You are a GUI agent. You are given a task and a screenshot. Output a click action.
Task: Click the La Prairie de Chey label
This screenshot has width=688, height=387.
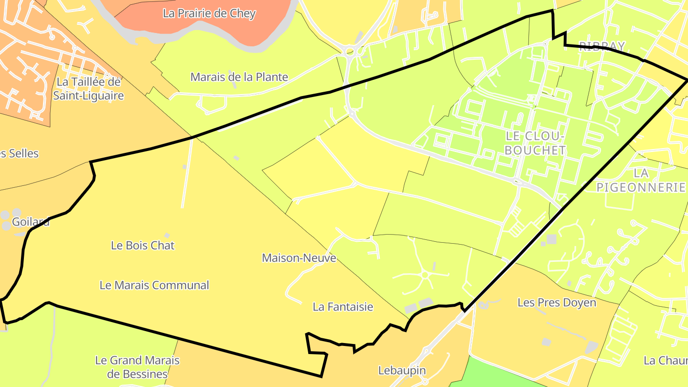pos(209,13)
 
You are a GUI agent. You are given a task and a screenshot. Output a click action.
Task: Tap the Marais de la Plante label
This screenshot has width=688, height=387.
pos(239,76)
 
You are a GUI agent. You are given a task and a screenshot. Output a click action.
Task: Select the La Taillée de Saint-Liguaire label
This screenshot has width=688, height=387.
pos(88,88)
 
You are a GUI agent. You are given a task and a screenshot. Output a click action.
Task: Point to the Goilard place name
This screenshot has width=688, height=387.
pos(31,222)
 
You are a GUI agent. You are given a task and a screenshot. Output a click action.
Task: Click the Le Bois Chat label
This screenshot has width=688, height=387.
pos(143,246)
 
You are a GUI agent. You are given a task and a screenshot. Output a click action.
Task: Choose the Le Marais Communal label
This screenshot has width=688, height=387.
pos(154,285)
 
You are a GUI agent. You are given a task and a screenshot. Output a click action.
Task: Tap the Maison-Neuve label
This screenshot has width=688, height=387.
pos(299,258)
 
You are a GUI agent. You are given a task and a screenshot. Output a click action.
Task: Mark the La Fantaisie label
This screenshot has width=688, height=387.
pos(343,307)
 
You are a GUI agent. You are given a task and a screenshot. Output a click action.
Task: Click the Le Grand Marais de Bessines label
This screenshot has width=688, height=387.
pos(137,367)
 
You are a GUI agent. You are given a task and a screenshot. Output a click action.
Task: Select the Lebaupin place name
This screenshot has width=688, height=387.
pos(402,370)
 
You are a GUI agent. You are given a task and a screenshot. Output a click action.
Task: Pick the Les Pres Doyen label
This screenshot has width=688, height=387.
pos(557,302)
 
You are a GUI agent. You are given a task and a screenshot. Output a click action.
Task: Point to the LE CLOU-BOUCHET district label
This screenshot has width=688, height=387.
pos(535,143)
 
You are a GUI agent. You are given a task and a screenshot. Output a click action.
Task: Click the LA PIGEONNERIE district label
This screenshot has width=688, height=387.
pos(641,180)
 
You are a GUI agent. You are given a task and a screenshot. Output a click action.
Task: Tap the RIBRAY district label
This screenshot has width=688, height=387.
pos(602,46)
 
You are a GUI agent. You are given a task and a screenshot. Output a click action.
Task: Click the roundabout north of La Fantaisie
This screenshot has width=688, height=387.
pos(424,275)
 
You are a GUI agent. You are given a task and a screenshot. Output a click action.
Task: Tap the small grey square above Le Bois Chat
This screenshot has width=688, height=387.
pos(167,235)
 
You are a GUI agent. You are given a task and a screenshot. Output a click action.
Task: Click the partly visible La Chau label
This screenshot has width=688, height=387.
pos(665,360)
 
